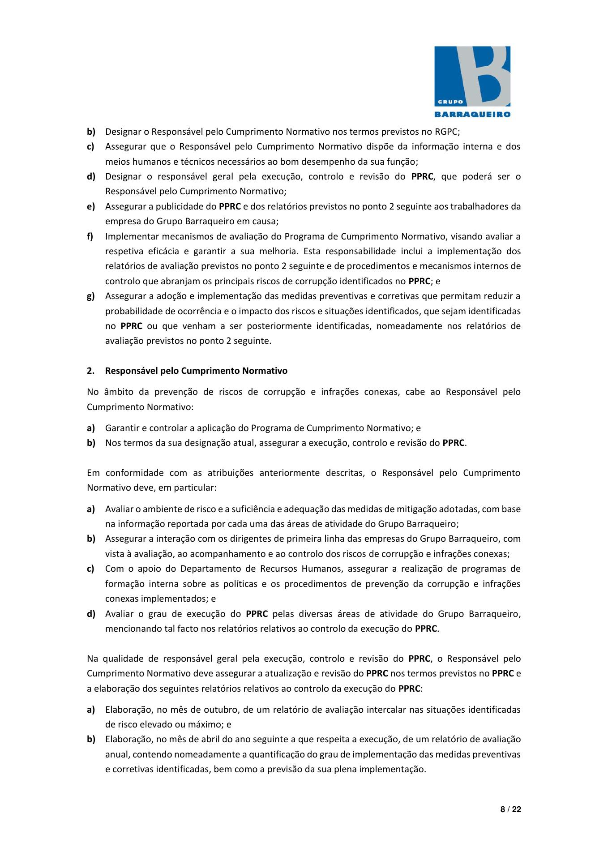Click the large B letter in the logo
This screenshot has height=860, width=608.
pos(486,74)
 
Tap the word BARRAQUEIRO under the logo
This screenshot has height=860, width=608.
pos(472,114)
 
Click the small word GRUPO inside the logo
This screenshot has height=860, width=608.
pos(450,102)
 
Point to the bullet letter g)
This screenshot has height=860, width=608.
pos(91,296)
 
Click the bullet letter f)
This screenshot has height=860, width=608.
pos(90,236)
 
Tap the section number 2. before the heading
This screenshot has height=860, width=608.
pos(90,371)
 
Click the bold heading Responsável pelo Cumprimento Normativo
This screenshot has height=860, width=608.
pos(196,371)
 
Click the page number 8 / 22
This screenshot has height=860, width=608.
pos(510,809)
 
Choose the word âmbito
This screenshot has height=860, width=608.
pos(119,392)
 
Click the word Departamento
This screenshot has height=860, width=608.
pos(210,569)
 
